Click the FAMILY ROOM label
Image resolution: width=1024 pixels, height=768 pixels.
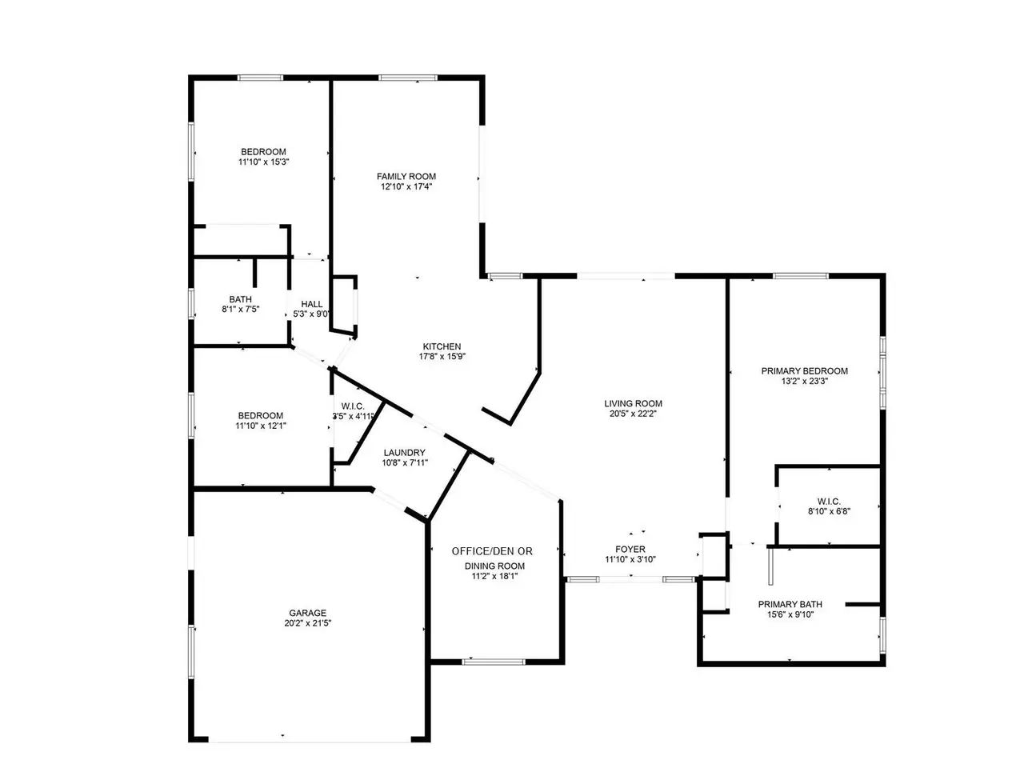(x=406, y=176)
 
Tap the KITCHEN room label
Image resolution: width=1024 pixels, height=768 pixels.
(x=442, y=346)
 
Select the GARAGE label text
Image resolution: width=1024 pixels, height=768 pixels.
(x=307, y=613)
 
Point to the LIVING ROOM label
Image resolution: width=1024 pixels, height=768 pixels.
(x=633, y=403)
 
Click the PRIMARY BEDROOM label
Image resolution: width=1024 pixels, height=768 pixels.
(x=804, y=370)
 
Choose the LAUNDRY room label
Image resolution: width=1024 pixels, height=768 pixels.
(x=404, y=452)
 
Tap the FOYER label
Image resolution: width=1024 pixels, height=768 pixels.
(x=630, y=549)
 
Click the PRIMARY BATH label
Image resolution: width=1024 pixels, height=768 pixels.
(x=790, y=604)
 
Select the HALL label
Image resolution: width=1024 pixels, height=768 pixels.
(x=312, y=304)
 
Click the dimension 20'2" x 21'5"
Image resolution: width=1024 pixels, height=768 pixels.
(x=307, y=623)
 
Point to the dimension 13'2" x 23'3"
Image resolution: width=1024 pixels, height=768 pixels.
(x=804, y=381)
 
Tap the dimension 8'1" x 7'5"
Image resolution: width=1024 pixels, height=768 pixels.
(x=240, y=309)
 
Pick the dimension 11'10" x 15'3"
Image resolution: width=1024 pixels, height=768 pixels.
(x=263, y=162)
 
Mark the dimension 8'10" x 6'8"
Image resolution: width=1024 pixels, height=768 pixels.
(x=829, y=511)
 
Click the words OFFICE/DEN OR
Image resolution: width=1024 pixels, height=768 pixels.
(x=492, y=551)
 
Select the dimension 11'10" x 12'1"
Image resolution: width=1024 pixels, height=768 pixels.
(x=260, y=426)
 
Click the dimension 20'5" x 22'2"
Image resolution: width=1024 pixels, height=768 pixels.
(x=633, y=414)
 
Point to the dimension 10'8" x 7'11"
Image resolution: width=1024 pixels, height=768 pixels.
(x=404, y=462)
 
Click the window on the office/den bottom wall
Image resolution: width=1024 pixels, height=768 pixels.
(x=494, y=662)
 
